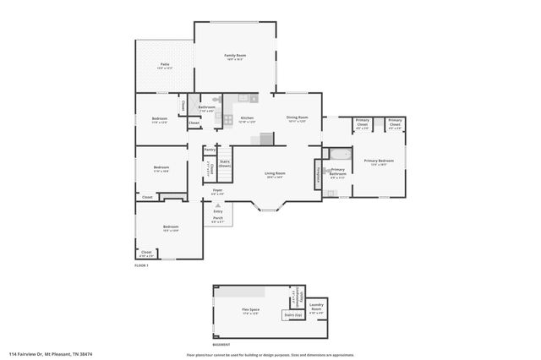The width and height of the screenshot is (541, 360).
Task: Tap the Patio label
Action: pos(166,64)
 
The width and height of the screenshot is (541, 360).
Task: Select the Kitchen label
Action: pos(247,118)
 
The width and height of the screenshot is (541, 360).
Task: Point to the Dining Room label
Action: pos(297,117)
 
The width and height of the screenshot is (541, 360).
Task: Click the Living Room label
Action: pos(275,173)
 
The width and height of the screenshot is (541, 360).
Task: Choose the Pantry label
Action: pos(210,150)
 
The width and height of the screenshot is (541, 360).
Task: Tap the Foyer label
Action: pos(217,191)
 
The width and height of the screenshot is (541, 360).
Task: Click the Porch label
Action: pos(217,218)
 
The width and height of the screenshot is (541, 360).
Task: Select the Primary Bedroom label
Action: pos(379,161)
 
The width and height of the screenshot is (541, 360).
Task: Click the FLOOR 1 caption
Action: pos(141,266)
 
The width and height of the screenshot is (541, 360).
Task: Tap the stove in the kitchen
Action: pos(228,119)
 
